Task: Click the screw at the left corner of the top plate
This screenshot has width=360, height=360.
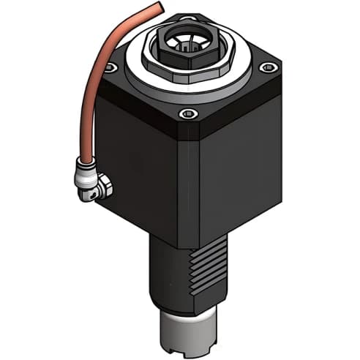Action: [110, 68]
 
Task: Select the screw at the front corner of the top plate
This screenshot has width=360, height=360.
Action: [189, 113]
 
